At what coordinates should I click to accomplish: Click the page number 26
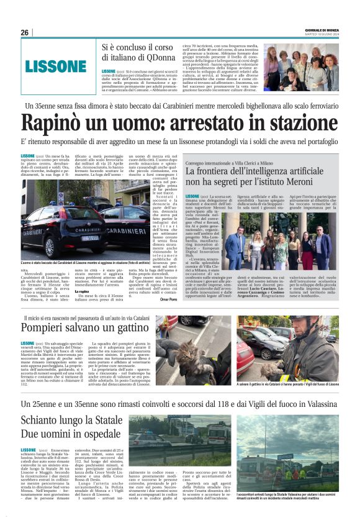point(24,32)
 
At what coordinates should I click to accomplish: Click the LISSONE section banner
point(56,66)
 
